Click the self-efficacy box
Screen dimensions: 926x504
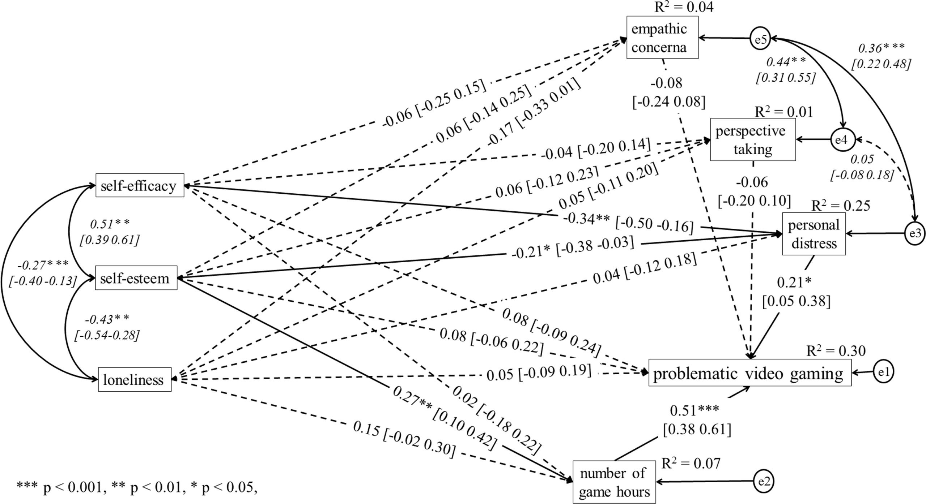[x=140, y=185]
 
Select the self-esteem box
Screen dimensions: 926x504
[x=136, y=278]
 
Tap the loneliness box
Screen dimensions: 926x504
[x=135, y=379]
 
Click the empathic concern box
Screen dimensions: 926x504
[x=662, y=37]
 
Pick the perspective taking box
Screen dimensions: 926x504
[x=753, y=139]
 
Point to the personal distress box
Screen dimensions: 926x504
[x=814, y=234]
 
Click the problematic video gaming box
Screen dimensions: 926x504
[x=750, y=372]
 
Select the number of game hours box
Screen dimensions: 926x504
[x=614, y=482]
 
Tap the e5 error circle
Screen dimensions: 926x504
[x=760, y=38]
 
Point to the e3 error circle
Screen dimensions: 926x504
[x=915, y=234]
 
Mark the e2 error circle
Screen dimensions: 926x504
[x=763, y=482]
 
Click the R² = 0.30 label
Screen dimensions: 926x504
[x=836, y=351]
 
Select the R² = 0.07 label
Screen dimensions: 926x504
[x=691, y=463]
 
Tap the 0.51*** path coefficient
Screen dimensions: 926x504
[x=694, y=410]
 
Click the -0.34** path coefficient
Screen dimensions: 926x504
[x=586, y=219]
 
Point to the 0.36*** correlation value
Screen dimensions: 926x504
[x=882, y=48]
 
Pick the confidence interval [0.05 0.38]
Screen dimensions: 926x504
[x=796, y=301]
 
